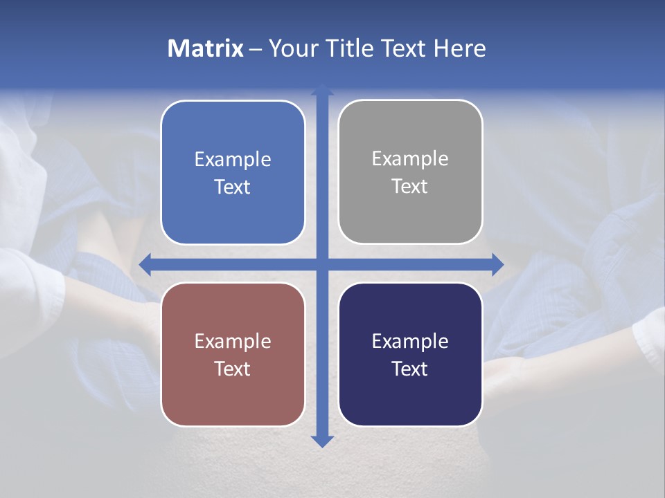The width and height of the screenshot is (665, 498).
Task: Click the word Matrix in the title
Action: click(x=205, y=48)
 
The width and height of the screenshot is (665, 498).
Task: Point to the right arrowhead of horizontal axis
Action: click(x=497, y=264)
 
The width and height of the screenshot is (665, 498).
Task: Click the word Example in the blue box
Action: click(x=233, y=160)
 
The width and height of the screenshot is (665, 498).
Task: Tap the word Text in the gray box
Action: click(x=410, y=187)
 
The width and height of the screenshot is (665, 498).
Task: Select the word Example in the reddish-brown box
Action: click(x=233, y=342)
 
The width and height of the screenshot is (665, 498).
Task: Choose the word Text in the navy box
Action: click(x=410, y=369)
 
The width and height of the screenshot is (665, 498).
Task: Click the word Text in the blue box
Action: click(x=233, y=187)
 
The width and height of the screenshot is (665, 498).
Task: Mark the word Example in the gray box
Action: click(x=410, y=159)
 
